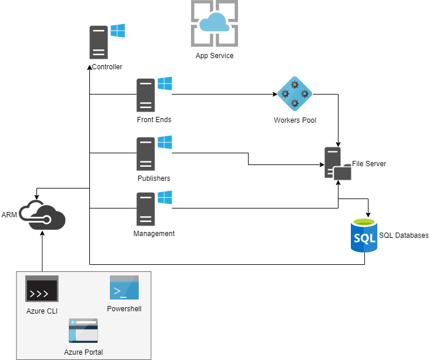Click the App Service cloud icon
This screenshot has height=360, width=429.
click(214, 23)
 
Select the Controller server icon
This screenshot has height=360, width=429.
click(99, 42)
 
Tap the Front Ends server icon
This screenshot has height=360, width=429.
click(146, 95)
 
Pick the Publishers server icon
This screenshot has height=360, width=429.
click(146, 154)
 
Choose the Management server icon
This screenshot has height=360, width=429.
click(146, 209)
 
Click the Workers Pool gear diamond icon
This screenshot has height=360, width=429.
click(294, 94)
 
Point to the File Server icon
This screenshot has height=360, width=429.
click(337, 164)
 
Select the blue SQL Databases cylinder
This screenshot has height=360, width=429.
click(364, 235)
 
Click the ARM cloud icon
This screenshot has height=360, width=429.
click(42, 214)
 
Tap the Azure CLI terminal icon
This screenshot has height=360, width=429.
click(42, 289)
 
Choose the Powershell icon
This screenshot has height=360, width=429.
click(124, 288)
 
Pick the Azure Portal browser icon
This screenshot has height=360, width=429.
click(83, 331)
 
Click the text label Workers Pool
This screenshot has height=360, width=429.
click(294, 120)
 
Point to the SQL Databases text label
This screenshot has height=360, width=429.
click(404, 235)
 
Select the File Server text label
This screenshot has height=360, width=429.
click(369, 164)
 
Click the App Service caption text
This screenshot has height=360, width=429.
click(214, 56)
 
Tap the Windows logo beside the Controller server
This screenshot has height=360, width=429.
click(118, 31)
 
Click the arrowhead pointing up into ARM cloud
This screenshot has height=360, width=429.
click(42, 233)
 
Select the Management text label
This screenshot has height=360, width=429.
click(154, 233)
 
